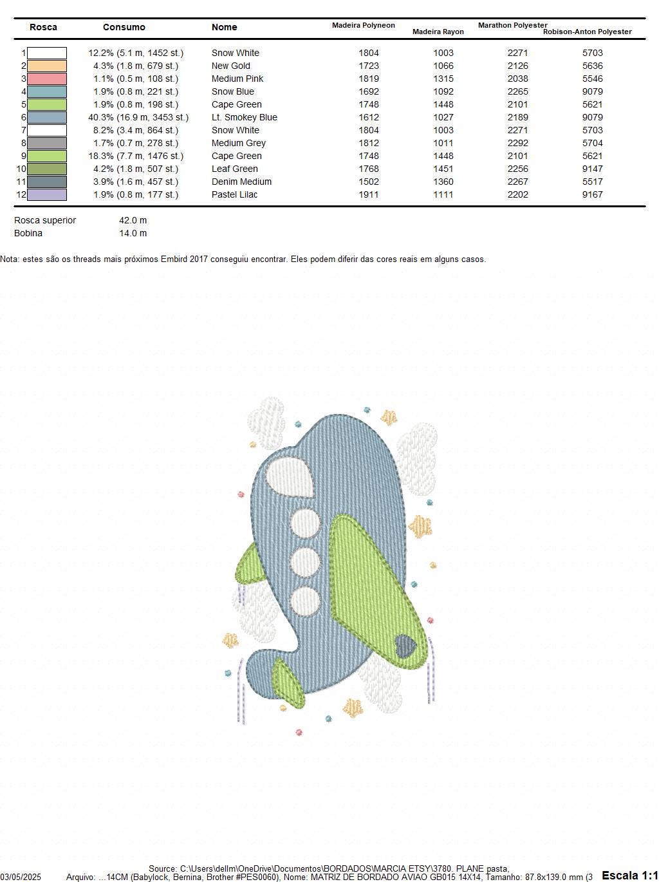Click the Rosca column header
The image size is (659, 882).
[x=43, y=27]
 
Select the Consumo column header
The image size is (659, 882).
[x=124, y=27]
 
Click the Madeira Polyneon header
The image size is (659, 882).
[x=363, y=25]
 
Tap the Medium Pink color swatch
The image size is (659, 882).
[x=47, y=79]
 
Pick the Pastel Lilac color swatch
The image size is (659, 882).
[x=47, y=194]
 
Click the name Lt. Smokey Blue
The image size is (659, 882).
[x=244, y=117]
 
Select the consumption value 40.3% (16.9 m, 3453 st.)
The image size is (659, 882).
[x=138, y=117]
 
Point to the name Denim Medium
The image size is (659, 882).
[x=241, y=182]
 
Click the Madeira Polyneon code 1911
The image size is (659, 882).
[x=368, y=194]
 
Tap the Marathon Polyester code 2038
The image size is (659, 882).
[x=517, y=79]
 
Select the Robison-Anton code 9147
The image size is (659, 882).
[x=592, y=169]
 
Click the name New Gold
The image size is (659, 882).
[x=230, y=66]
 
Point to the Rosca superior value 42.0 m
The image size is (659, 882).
[x=133, y=220]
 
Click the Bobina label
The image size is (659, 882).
[x=28, y=233]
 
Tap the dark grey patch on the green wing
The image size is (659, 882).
[x=405, y=646]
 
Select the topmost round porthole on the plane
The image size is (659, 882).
[x=305, y=523]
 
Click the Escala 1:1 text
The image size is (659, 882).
[x=629, y=875]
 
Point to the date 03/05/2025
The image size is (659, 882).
[x=21, y=877]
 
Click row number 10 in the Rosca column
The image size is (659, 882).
[x=21, y=169]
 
